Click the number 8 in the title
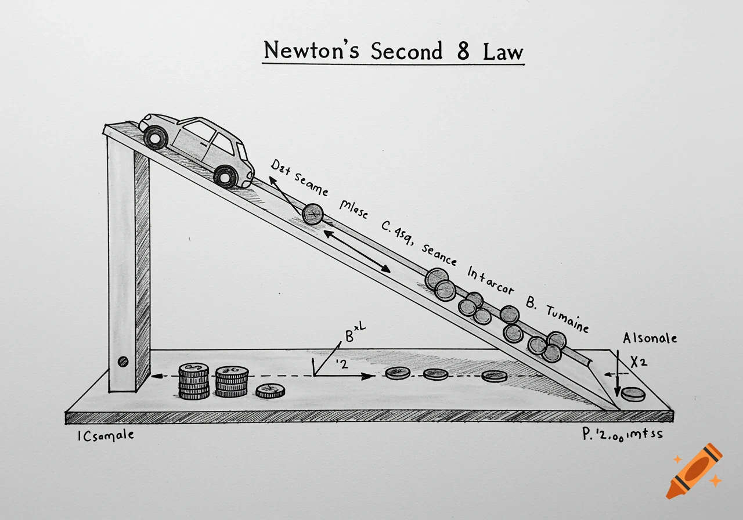463,51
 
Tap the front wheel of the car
225,176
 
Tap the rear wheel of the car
156,138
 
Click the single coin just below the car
313,214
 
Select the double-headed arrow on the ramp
356,251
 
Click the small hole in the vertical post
122,362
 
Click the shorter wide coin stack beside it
232,381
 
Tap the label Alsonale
650,338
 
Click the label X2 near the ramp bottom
639,362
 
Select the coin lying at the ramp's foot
633,395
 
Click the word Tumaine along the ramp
567,319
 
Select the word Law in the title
503,51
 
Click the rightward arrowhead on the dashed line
367,376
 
